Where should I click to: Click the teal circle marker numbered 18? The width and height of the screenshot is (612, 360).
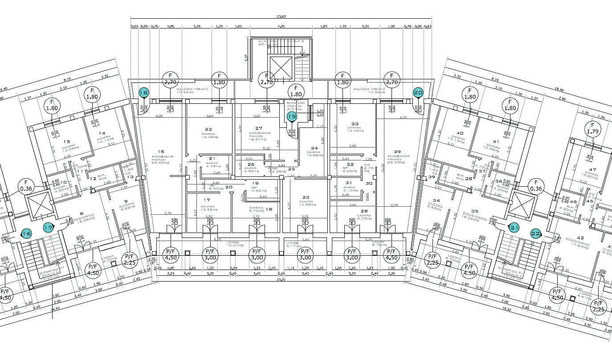[143, 93]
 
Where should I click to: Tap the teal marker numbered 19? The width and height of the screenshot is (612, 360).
[292, 117]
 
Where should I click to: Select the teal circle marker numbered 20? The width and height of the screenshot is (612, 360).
[418, 93]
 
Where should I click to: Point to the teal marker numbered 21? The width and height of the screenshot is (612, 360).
[514, 228]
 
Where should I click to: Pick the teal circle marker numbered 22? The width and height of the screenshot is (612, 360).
[535, 233]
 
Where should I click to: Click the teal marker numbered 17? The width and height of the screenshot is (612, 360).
[48, 228]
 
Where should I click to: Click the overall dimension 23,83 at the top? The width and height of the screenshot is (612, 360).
[281, 16]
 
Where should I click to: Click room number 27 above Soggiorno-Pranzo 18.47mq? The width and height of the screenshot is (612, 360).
[259, 128]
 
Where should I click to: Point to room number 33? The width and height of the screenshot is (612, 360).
[355, 124]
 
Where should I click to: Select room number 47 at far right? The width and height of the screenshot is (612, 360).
[592, 170]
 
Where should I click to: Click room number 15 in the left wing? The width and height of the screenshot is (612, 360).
[67, 142]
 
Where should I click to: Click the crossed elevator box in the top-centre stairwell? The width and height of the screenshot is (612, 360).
[281, 68]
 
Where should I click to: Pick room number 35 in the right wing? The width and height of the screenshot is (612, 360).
[474, 212]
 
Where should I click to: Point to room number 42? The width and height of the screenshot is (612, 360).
[580, 238]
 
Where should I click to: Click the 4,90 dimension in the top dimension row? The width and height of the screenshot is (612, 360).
[281, 26]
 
